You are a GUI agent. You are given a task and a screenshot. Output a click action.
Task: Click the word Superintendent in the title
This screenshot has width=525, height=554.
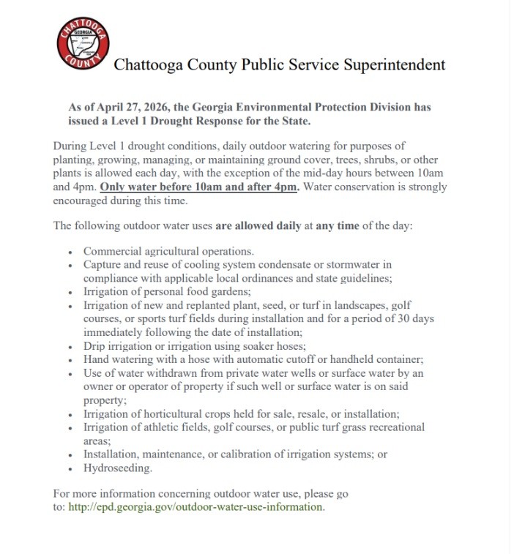(392, 65)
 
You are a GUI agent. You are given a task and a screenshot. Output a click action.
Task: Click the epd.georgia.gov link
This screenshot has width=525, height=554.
(196, 506)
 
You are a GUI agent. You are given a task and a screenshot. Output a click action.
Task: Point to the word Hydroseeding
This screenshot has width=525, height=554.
(118, 468)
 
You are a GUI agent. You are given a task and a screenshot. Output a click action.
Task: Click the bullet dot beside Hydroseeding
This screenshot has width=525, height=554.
(70, 469)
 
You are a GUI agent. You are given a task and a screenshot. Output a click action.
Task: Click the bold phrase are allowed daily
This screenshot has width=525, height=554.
(258, 226)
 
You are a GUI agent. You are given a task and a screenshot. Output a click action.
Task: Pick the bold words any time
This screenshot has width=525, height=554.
(338, 226)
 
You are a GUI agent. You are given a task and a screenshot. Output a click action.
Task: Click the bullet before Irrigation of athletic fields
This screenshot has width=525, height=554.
(70, 428)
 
